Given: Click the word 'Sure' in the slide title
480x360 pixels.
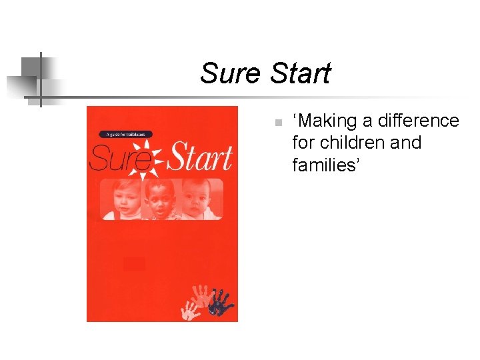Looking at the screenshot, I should (229, 73).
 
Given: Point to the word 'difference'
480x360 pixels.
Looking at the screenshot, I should (419, 121).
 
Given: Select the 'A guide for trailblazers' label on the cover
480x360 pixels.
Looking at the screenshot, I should (127, 134).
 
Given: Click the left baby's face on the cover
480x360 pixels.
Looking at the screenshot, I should (122, 198).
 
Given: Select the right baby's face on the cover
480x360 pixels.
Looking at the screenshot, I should (199, 198).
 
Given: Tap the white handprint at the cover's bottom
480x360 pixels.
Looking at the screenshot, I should (192, 309).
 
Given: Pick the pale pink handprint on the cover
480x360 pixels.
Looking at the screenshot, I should (202, 293).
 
